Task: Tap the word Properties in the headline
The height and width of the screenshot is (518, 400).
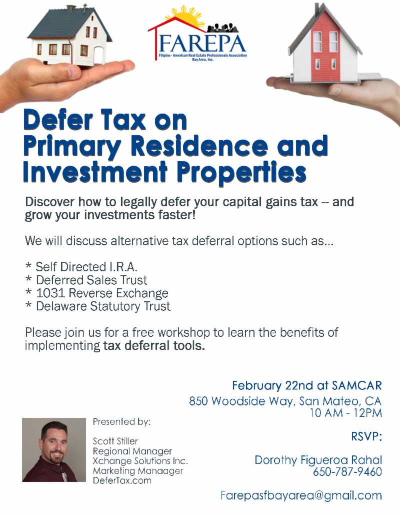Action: [x=241, y=173]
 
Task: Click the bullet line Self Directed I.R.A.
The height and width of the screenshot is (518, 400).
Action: [x=81, y=267]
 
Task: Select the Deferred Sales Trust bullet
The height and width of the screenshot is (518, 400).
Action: [x=86, y=280]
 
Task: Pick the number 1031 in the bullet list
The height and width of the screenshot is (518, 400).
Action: [x=51, y=293]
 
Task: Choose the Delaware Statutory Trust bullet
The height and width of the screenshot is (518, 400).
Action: [x=97, y=306]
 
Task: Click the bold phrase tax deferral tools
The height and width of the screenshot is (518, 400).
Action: [x=154, y=345]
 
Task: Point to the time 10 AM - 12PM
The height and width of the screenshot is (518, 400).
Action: [x=345, y=413]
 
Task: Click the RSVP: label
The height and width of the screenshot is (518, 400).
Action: [x=366, y=437]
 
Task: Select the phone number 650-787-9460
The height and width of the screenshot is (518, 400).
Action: [x=347, y=472]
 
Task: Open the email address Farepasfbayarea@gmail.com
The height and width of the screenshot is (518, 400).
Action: [x=301, y=495]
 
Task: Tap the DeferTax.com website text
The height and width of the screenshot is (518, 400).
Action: [x=122, y=480]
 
